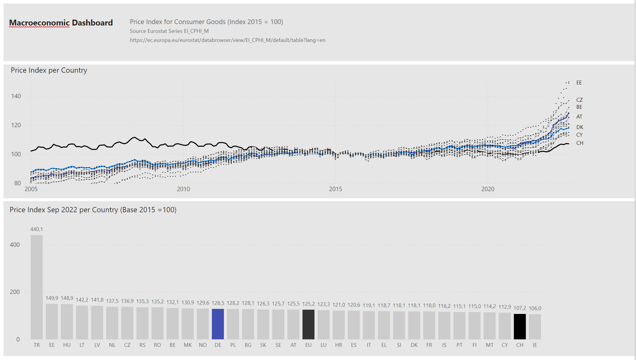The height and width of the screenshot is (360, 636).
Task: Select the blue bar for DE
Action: (x=218, y=324)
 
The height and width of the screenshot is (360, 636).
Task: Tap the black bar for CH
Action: (x=520, y=326)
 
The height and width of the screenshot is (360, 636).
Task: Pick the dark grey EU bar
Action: (x=308, y=324)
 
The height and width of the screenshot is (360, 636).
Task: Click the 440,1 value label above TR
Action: (x=37, y=229)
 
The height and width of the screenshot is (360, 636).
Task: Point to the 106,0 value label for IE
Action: (x=535, y=308)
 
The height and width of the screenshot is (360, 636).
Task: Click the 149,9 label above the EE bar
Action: (x=52, y=298)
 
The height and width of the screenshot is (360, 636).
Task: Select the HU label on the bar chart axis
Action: (x=67, y=345)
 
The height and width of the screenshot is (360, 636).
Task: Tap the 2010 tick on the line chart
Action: (x=183, y=189)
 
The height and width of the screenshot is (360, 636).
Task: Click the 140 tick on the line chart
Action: (x=16, y=96)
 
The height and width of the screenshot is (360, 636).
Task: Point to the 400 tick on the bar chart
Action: (x=15, y=245)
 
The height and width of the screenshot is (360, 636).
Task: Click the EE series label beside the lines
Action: (x=579, y=83)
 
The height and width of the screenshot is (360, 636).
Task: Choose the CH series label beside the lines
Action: (x=580, y=143)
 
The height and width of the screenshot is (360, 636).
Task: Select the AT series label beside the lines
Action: (x=579, y=117)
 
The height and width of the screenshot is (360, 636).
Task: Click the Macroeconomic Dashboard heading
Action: (x=61, y=23)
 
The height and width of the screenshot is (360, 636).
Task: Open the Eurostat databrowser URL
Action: (x=227, y=40)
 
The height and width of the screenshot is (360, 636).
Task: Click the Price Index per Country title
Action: (x=49, y=70)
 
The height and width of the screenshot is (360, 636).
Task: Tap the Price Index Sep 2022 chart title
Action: (x=93, y=210)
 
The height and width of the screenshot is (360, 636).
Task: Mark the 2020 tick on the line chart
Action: (x=488, y=189)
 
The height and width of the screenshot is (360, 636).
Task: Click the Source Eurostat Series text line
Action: (x=169, y=31)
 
